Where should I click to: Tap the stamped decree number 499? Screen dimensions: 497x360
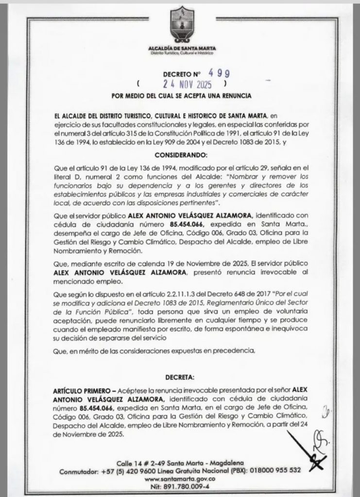(x=215, y=73)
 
